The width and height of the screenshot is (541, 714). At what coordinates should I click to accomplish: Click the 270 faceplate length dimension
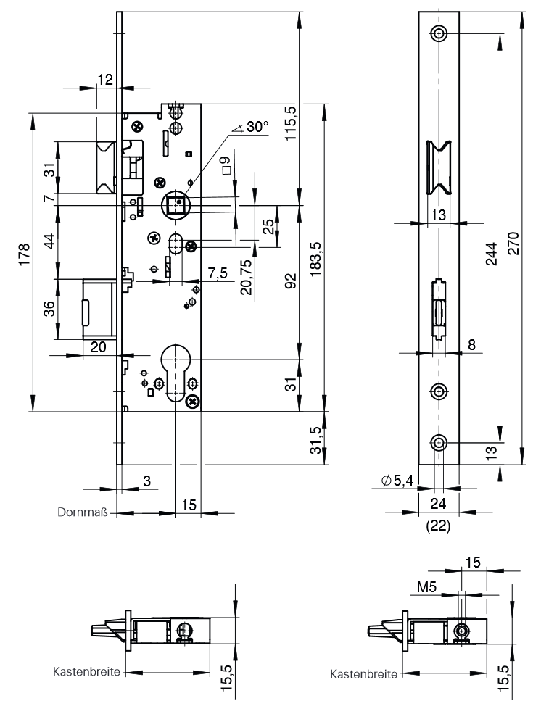coord(513,240)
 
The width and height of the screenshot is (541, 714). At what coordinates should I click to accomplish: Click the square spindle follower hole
coord(176,206)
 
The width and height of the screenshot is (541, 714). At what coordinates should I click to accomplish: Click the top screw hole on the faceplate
coord(439,33)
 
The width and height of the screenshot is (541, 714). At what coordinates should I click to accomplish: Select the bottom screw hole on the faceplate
coord(439,443)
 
